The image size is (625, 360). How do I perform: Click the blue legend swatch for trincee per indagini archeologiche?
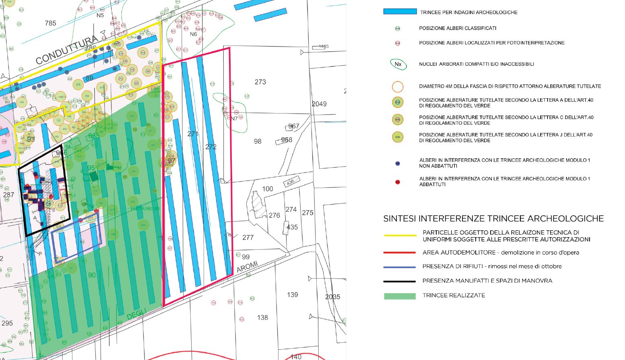pos(400,12)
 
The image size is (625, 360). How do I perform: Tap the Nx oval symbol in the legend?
pos(398,64)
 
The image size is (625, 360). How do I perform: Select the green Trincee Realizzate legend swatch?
pos(400,296)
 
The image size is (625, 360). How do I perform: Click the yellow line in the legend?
pos(400,236)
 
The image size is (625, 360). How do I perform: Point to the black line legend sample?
pos(400,281)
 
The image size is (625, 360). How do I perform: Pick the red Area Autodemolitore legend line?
pos(400,252)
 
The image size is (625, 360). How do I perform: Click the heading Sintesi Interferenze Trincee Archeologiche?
pos(493,219)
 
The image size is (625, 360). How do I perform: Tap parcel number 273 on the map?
pos(260,82)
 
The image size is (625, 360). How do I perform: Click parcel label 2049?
pos(319,104)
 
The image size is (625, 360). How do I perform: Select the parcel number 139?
pos(293,295)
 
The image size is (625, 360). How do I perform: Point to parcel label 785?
pos(51,23)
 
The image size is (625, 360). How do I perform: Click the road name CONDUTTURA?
pos(67,50)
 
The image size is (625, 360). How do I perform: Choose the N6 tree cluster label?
pos(194,34)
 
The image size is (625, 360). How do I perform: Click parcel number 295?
pos(7,323)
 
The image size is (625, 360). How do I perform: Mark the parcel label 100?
pos(268,189)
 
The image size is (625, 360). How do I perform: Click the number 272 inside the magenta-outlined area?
pos(211,147)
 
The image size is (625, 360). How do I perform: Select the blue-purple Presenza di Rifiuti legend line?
pos(400,267)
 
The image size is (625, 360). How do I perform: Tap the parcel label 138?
pos(262,318)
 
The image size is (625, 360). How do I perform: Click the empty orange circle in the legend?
pos(398,87)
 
